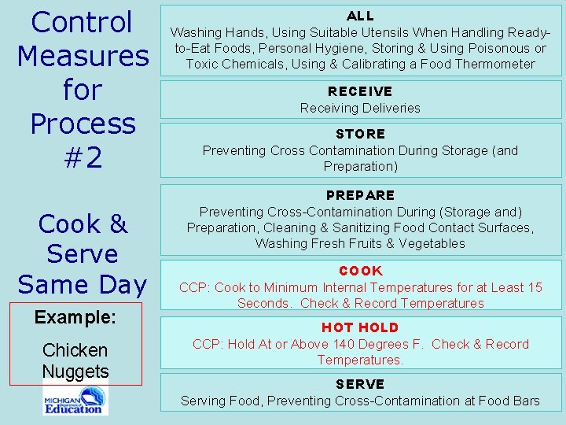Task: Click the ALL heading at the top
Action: [360, 16]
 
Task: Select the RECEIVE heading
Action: [360, 91]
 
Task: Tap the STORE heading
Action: [360, 134]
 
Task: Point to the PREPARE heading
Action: [360, 195]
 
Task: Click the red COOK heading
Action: [360, 271]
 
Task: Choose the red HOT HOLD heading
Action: [360, 327]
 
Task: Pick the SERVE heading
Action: [360, 384]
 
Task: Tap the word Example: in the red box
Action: [75, 317]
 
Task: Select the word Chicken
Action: [75, 350]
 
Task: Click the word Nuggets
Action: [75, 371]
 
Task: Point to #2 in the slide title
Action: [83, 158]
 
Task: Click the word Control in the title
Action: [83, 22]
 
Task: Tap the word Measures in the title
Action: [83, 56]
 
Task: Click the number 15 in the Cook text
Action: [534, 287]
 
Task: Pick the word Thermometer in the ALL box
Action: [492, 64]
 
